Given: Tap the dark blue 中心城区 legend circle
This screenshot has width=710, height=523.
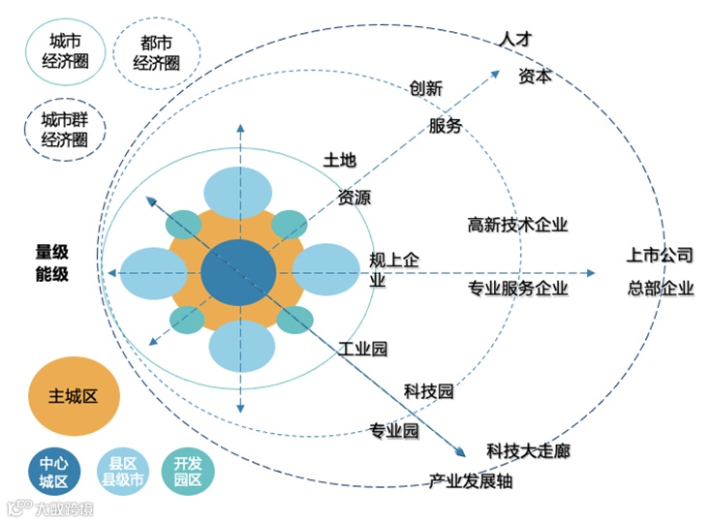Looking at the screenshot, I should click(x=48, y=470).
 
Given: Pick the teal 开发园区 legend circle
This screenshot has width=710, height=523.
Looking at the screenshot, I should click(x=188, y=470).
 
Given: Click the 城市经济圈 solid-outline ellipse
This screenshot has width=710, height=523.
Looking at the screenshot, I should click(x=65, y=51).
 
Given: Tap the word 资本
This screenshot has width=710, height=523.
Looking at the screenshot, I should click(x=535, y=76).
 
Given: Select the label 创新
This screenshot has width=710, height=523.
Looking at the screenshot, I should click(x=425, y=88).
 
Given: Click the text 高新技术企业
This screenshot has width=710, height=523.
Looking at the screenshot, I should click(x=517, y=225).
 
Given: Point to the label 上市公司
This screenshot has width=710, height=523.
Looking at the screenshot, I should click(x=659, y=256).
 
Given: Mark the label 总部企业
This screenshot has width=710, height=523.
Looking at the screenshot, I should click(x=659, y=288).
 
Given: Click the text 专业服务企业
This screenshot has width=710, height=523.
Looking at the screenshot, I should click(x=517, y=289).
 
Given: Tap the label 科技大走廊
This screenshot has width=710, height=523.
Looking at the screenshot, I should click(x=528, y=450).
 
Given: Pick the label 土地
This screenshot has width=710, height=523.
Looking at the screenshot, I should click(x=341, y=163).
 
